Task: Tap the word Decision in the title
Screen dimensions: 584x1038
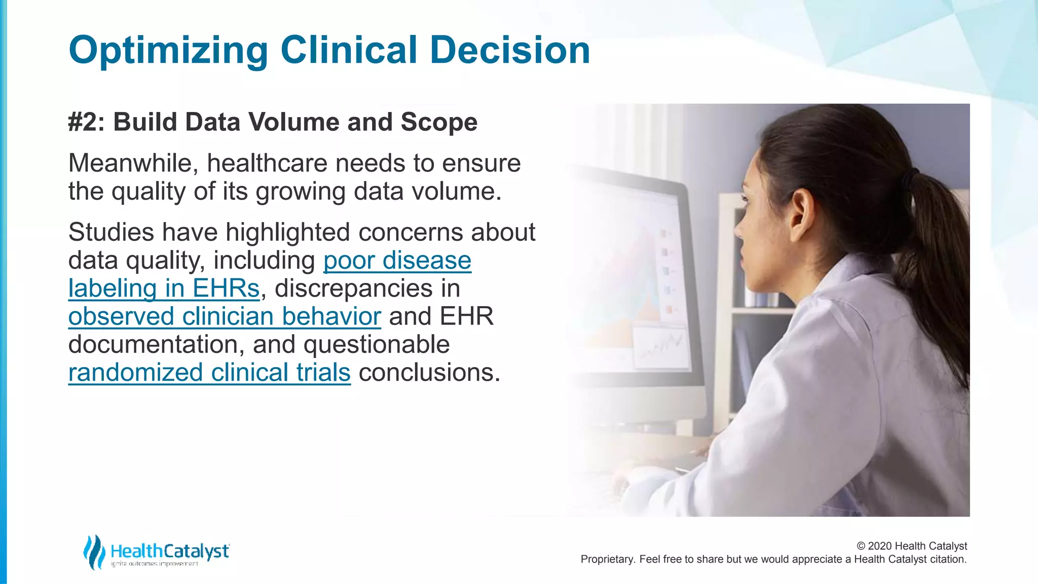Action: [510, 51]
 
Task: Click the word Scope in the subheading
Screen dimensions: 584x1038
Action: [439, 122]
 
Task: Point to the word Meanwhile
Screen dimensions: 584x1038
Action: [133, 163]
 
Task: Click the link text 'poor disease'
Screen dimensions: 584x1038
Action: [397, 261]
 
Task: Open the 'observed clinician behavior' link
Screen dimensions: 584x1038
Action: [225, 317]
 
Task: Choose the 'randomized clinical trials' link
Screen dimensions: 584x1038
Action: [209, 373]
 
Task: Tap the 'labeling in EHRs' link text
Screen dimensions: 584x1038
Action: [164, 289]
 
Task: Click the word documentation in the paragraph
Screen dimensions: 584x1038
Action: [153, 345]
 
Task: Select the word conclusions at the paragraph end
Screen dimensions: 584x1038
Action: [429, 373]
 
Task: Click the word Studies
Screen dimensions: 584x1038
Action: [111, 233]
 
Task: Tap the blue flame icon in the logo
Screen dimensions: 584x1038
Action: [94, 552]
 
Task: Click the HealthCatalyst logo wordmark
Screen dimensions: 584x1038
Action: [170, 551]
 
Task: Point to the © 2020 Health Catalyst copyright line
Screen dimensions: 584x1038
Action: [911, 546]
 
